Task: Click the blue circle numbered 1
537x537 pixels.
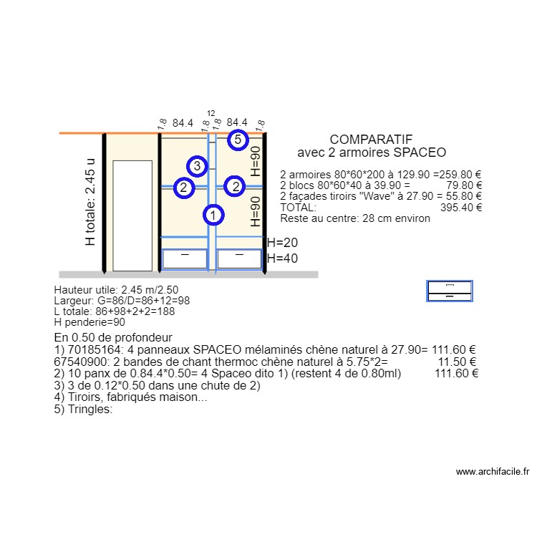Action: click(x=213, y=213)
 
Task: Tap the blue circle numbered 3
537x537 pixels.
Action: click(x=198, y=166)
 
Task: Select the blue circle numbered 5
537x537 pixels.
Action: click(x=238, y=140)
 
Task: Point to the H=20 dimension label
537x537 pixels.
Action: click(x=282, y=243)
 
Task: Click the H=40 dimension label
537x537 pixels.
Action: click(x=282, y=258)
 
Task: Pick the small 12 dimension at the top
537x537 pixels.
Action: click(x=211, y=114)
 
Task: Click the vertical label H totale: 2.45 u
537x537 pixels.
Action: click(x=90, y=202)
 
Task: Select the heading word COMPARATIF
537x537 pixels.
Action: click(x=371, y=140)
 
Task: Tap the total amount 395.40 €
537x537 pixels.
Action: click(x=460, y=207)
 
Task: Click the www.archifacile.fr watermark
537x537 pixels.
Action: click(x=492, y=472)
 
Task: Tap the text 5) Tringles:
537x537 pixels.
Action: click(x=83, y=410)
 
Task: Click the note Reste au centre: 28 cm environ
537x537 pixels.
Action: click(x=355, y=218)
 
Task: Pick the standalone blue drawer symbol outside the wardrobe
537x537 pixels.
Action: click(x=450, y=291)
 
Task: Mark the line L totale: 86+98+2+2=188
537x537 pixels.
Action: click(x=114, y=311)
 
